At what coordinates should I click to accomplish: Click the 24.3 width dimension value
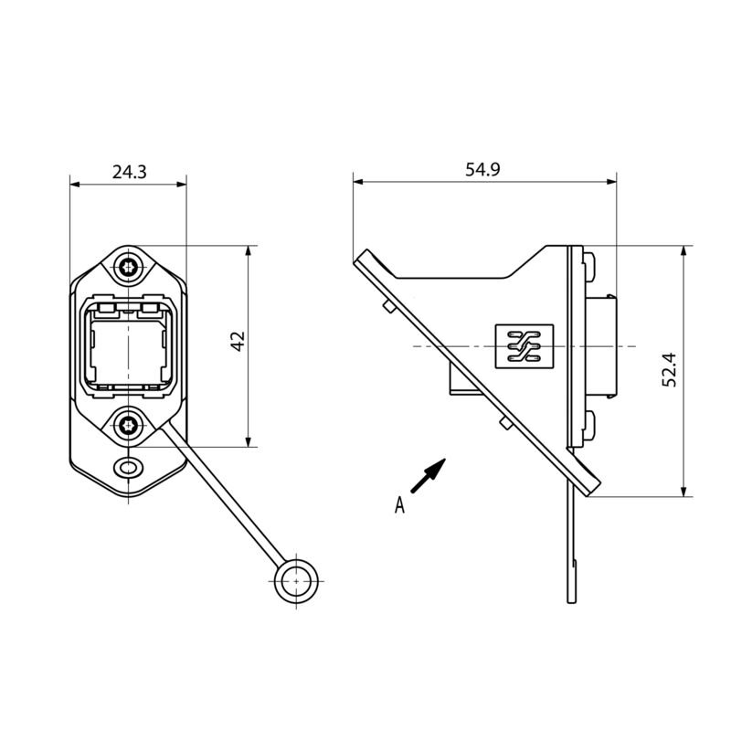pyautogui.click(x=129, y=171)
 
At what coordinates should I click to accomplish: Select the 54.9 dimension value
pyautogui.click(x=482, y=170)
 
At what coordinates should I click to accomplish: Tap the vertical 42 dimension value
pyautogui.click(x=237, y=344)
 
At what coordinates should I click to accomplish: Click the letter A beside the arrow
pyautogui.click(x=399, y=504)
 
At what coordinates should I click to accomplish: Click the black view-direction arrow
pyautogui.click(x=428, y=476)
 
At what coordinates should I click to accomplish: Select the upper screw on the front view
pyautogui.click(x=128, y=268)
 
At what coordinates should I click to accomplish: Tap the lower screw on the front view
pyautogui.click(x=128, y=424)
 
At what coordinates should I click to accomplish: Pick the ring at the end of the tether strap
pyautogui.click(x=296, y=580)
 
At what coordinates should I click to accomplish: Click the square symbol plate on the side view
pyautogui.click(x=524, y=347)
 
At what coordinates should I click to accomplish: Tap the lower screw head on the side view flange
pyautogui.click(x=589, y=424)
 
